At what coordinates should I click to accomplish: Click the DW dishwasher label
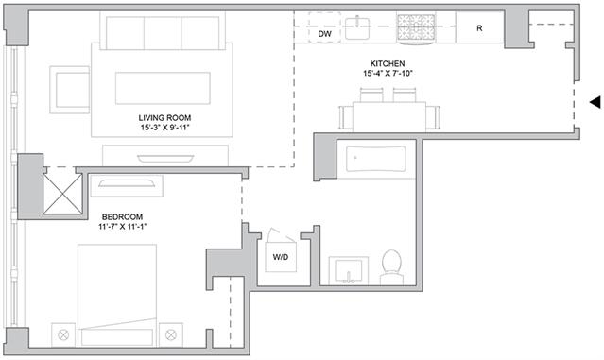(x=325, y=34)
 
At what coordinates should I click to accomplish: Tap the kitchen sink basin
(x=357, y=28)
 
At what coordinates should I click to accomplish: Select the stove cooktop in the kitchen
(x=416, y=27)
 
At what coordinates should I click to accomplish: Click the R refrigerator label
(x=479, y=28)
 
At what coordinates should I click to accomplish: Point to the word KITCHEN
(x=388, y=63)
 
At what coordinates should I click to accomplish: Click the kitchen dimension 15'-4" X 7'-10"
(x=388, y=73)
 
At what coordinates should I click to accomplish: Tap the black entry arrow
(x=595, y=102)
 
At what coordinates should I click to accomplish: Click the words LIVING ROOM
(x=164, y=118)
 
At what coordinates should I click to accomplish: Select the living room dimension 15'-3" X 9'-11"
(x=164, y=128)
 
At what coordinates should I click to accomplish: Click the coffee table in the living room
(x=163, y=88)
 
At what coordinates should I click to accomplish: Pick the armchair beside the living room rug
(x=70, y=90)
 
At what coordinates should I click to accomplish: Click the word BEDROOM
(x=122, y=216)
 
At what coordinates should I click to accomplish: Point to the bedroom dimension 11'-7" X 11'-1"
(x=123, y=227)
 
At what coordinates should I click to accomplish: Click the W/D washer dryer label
(x=281, y=257)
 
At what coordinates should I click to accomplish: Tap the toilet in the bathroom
(x=391, y=267)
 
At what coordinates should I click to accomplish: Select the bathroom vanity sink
(x=349, y=271)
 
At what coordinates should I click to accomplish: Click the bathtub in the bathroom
(x=376, y=158)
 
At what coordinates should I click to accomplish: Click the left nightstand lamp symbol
(x=63, y=334)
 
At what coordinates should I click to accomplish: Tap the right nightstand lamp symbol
(x=171, y=334)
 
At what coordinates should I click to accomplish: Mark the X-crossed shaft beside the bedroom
(x=62, y=194)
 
